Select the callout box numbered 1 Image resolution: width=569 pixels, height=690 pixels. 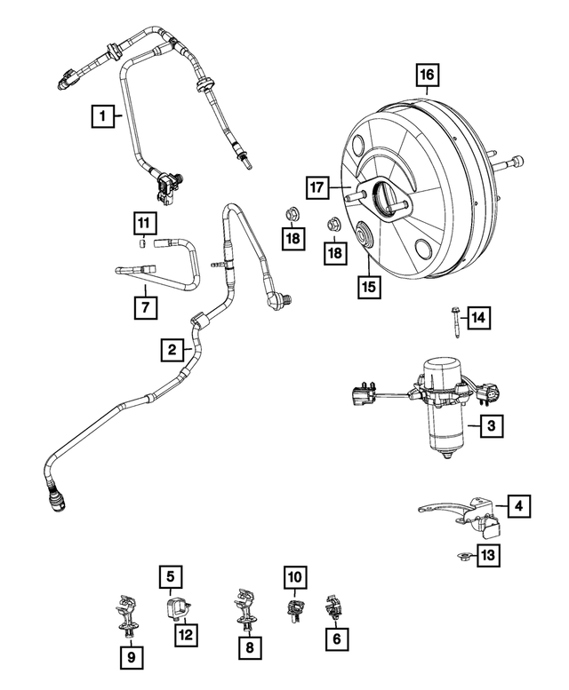pyautogui.click(x=103, y=115)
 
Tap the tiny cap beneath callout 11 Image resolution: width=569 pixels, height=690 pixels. pyautogui.click(x=141, y=242)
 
